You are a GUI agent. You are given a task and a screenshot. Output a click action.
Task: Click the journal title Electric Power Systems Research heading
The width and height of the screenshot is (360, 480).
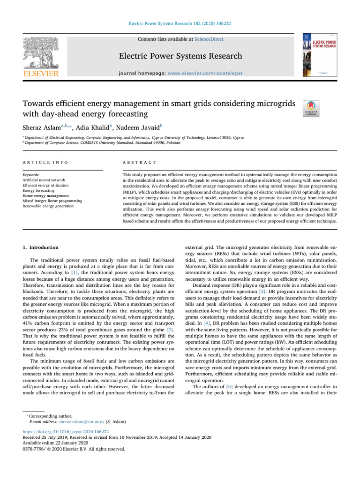[x=180, y=57]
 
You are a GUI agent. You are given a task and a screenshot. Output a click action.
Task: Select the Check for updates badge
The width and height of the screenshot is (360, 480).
[x=312, y=109]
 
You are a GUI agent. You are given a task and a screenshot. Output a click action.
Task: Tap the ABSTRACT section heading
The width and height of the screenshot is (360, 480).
[x=137, y=162]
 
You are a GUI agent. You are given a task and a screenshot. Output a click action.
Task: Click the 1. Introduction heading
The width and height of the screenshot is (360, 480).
[x=41, y=247]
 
